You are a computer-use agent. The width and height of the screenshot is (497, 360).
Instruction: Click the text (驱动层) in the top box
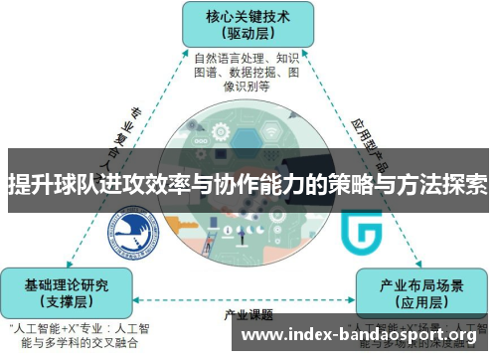coord(248,33)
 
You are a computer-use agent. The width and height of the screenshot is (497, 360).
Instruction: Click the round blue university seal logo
coord(132,231)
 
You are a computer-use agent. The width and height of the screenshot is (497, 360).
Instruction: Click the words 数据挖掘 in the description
coord(246,72)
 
